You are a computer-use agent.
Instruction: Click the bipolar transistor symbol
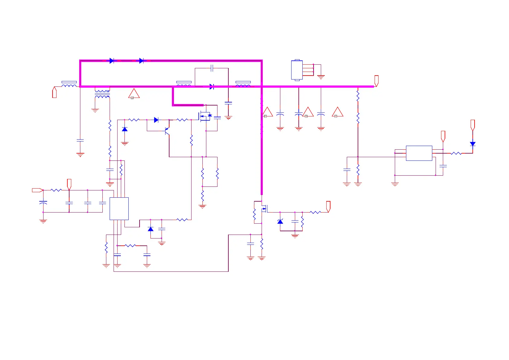tap(167, 131)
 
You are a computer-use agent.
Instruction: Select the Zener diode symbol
tap(280, 222)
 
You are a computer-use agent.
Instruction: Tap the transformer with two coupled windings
tap(102, 93)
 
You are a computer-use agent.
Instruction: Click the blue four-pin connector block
tap(297, 70)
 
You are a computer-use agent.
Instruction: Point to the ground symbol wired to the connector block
tap(321, 76)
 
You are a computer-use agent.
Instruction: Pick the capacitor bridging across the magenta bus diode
tap(212, 68)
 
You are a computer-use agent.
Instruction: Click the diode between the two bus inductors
tap(211, 87)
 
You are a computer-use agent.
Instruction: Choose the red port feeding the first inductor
tap(54, 92)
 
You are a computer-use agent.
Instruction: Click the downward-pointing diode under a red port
tap(472, 144)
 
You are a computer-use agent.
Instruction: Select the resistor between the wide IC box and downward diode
tap(456, 153)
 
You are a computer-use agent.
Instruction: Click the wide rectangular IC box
tap(419, 153)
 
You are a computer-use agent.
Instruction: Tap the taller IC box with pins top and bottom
tap(119, 209)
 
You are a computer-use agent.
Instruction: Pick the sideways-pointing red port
tap(37, 190)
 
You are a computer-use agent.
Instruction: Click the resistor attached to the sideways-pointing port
tap(56, 190)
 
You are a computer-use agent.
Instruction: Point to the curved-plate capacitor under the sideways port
tap(43, 202)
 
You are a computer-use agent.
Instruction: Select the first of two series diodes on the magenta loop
tap(111, 61)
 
